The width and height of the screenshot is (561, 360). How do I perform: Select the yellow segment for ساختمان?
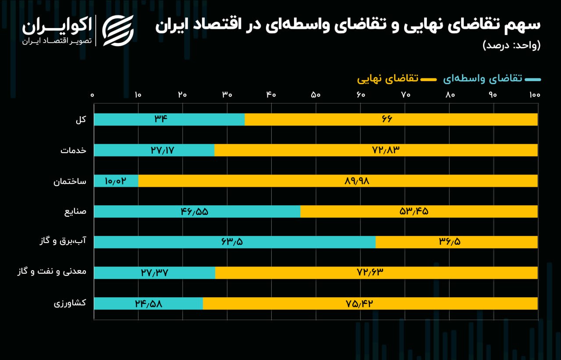click(337, 181)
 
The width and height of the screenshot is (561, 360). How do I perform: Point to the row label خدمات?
click(74, 150)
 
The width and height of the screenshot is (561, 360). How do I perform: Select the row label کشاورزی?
click(70, 303)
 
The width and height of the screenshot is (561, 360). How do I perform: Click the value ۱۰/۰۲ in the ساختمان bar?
click(116, 181)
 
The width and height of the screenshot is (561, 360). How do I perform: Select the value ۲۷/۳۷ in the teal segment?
click(155, 273)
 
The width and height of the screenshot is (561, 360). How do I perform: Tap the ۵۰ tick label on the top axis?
click(316, 95)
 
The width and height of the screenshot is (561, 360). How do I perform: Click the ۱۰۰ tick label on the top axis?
click(534, 95)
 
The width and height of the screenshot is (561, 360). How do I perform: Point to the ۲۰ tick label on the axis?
click(183, 95)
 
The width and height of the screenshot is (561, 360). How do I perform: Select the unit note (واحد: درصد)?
click(511, 45)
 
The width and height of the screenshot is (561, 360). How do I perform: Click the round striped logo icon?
click(117, 31)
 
